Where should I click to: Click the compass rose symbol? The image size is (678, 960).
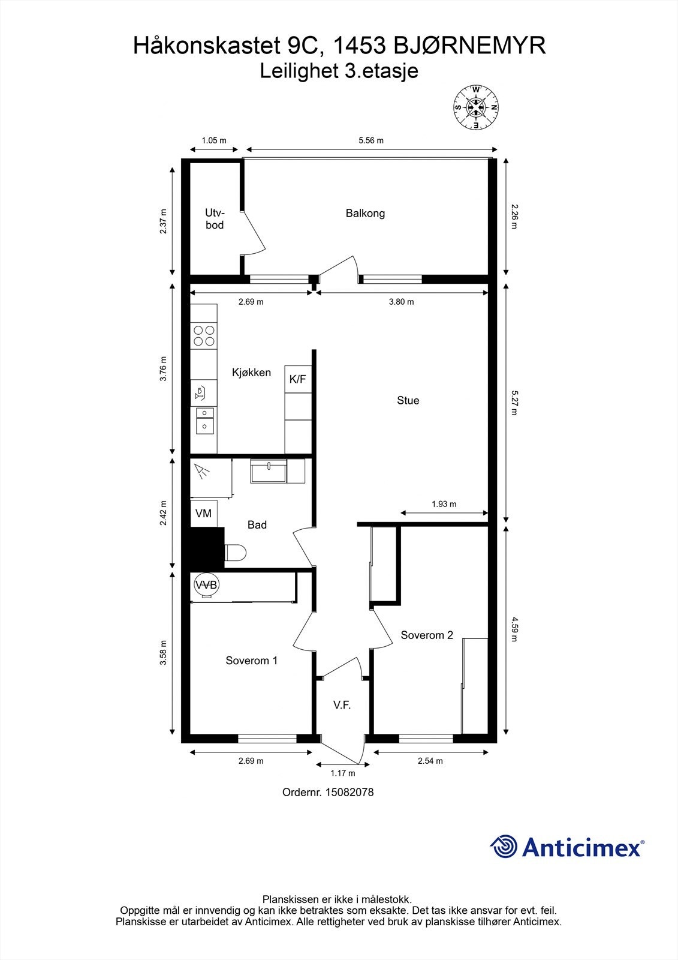(476, 107)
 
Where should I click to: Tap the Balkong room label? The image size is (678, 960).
(365, 213)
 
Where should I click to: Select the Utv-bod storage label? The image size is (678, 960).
(215, 219)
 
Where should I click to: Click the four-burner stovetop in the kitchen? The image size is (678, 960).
(204, 336)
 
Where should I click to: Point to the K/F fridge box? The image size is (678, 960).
(298, 379)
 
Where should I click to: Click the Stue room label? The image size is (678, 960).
(408, 400)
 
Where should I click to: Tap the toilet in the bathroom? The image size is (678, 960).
(235, 553)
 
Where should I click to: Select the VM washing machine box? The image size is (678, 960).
(203, 514)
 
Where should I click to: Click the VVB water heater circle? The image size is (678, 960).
(206, 584)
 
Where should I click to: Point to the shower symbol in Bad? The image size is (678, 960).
(202, 471)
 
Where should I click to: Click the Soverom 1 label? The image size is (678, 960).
(251, 661)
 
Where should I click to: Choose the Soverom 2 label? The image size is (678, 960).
(427, 635)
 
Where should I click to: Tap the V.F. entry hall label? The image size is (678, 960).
(342, 704)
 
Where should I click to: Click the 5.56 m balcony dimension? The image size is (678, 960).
(371, 140)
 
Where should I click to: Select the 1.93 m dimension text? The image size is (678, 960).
(444, 504)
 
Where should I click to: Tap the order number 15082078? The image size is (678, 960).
(349, 792)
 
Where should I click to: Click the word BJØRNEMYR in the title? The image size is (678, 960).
(469, 46)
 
